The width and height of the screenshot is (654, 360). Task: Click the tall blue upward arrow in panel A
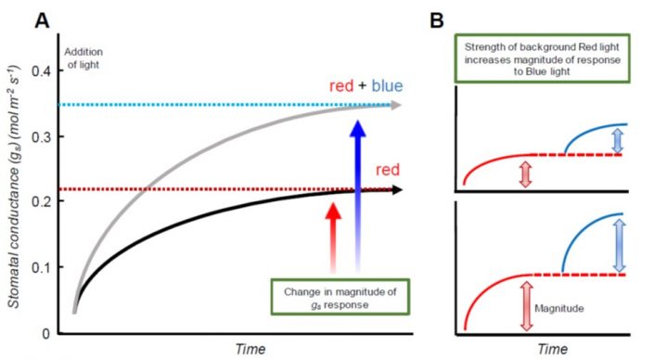coord(356,186)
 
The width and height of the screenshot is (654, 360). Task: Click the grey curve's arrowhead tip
coord(401,104)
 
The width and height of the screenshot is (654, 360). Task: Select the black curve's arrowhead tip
coord(401,189)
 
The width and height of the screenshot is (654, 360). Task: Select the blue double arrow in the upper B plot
coord(620,139)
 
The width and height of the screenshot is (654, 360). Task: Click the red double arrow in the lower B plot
coord(525,305)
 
